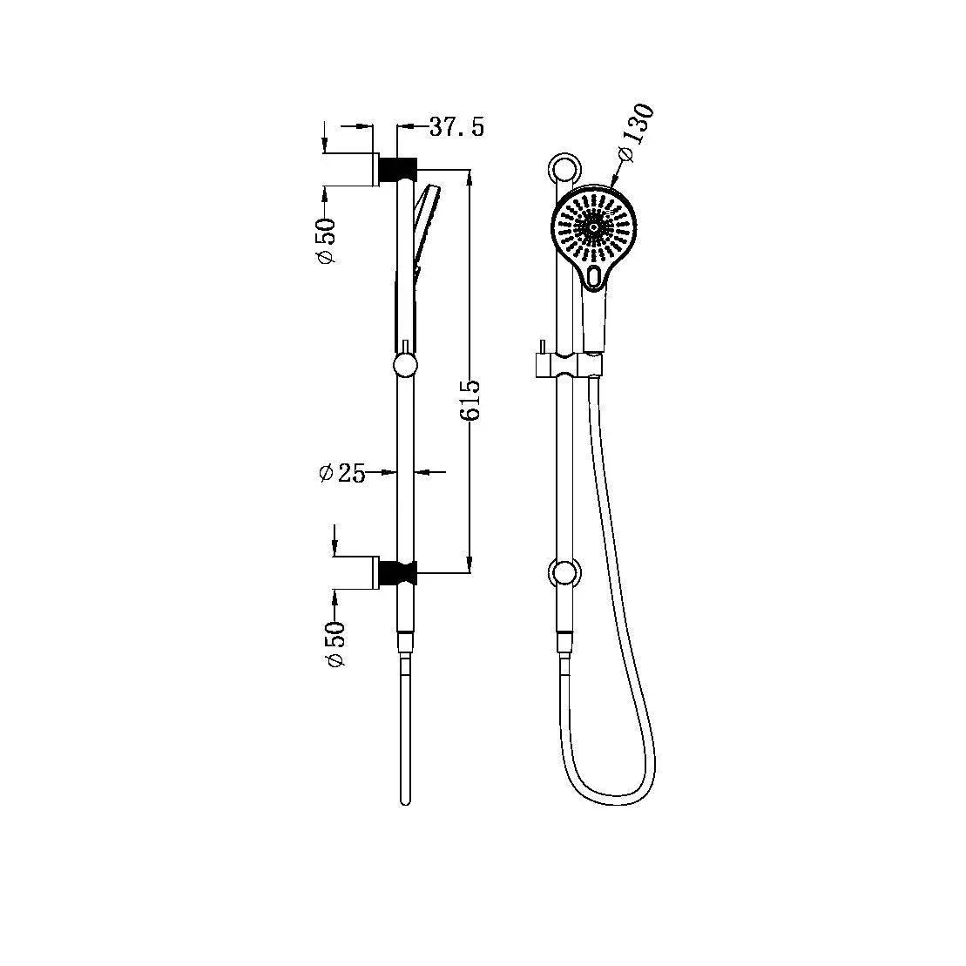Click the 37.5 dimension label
coord(456,127)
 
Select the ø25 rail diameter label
coord(342,473)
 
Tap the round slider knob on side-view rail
coord(405,365)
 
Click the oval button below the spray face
coord(594,276)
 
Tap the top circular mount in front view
coord(564,167)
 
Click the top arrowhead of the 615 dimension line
coord(470,175)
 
